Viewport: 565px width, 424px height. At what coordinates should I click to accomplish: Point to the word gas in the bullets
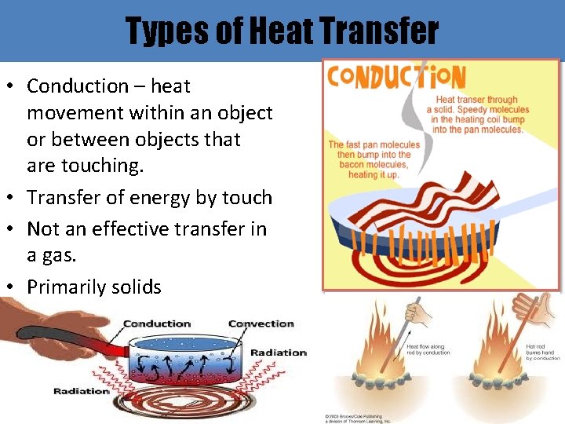tap(58, 255)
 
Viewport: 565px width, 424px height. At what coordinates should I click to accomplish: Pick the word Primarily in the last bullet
tap(64, 287)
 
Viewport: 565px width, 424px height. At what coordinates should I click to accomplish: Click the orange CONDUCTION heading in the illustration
tap(396, 77)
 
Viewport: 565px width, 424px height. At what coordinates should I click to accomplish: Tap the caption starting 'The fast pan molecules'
tap(374, 159)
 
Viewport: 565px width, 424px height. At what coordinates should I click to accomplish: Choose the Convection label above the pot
tap(261, 323)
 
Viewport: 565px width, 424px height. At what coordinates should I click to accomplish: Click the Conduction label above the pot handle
tap(157, 323)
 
